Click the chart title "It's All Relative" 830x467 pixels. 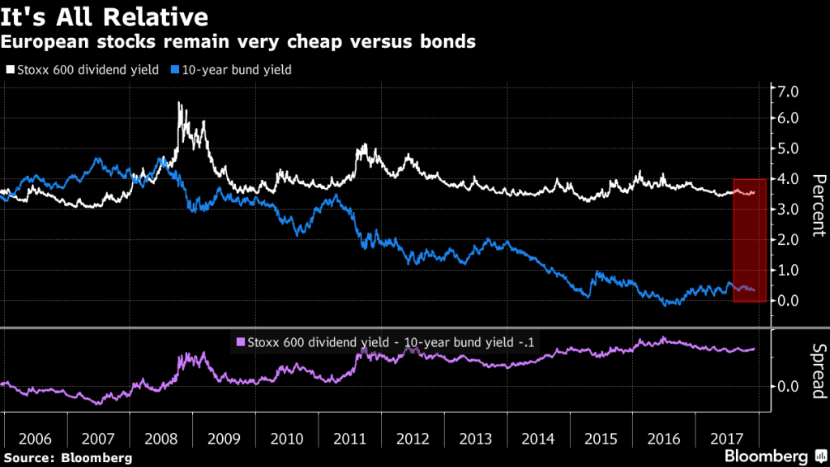coord(105,17)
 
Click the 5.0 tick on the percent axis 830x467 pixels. coord(787,148)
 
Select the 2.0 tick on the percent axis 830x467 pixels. coord(787,239)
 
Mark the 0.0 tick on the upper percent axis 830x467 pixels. coord(787,300)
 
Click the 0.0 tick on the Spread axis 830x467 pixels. coord(787,386)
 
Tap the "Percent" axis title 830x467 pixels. coord(817,206)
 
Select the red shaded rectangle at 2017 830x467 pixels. coord(748,241)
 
